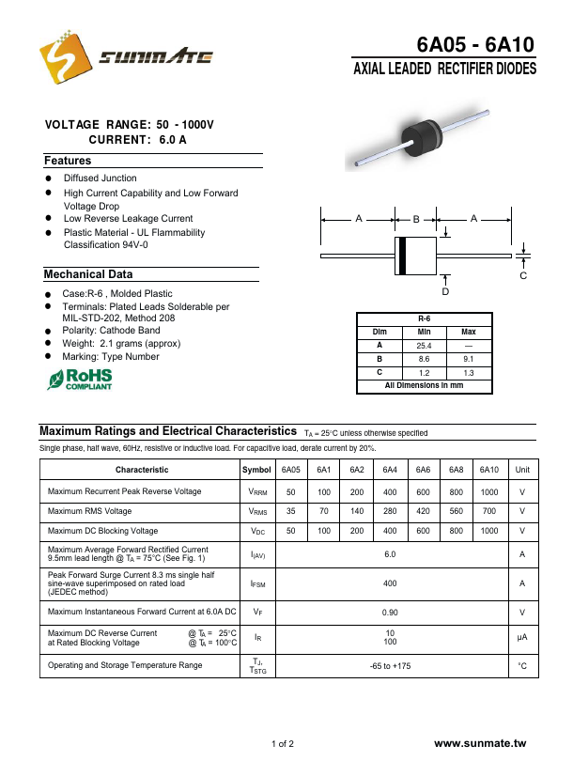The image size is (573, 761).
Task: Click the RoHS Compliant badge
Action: click(x=80, y=379)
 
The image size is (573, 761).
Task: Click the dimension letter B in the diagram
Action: click(x=416, y=219)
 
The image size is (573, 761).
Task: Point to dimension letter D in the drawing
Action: click(x=445, y=292)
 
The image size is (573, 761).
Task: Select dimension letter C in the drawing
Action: click(x=523, y=276)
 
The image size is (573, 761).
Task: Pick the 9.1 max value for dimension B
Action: click(x=468, y=359)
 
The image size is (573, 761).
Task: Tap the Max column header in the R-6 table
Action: click(x=468, y=333)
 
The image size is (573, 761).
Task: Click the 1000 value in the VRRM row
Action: click(x=489, y=491)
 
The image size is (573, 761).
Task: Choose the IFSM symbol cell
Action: click(x=257, y=583)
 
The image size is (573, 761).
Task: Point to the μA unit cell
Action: click(x=522, y=637)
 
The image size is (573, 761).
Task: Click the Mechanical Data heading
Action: click(x=88, y=274)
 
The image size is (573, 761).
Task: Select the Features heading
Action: click(x=68, y=161)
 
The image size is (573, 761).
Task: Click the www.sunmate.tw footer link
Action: click(x=483, y=744)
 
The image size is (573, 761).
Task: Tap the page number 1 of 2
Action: click(x=283, y=744)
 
